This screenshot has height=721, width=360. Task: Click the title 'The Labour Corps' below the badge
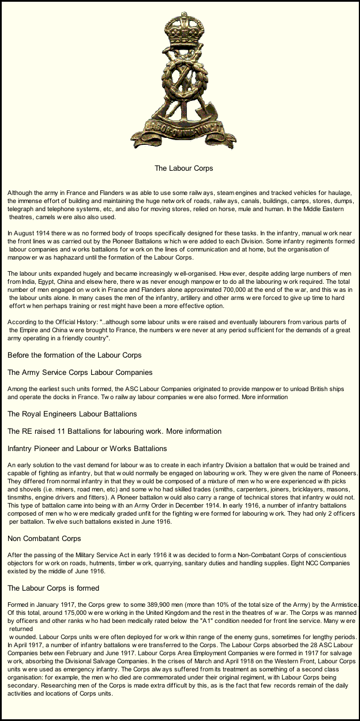coord(183,168)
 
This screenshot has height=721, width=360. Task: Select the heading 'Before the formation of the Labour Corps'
coord(74,355)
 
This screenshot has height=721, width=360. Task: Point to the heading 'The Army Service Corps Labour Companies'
coord(80,373)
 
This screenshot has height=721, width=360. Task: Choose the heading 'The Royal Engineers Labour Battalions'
coord(72,414)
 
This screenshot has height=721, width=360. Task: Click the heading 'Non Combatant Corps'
coord(44,539)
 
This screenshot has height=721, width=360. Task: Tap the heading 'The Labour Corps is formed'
coord(53,588)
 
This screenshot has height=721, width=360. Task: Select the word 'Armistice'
coord(341,604)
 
